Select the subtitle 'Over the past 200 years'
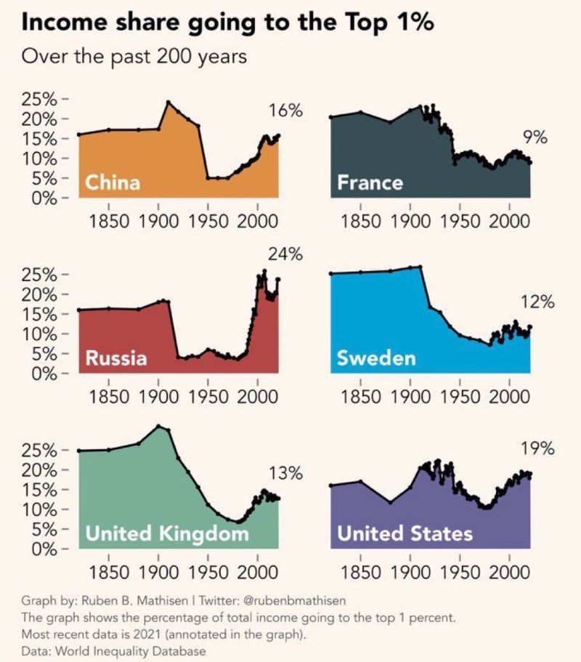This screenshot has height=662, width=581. (134, 56)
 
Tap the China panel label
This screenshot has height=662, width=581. (113, 182)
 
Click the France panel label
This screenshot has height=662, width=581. (370, 182)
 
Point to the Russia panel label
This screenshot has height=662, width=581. (116, 358)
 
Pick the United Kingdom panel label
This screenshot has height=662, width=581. (167, 534)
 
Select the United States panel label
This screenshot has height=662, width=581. (405, 534)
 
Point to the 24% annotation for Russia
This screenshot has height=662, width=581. (285, 255)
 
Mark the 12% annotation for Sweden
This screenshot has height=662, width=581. (537, 302)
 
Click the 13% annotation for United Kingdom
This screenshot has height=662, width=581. (285, 474)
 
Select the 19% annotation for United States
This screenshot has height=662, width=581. (537, 448)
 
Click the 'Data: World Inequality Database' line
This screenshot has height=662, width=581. (114, 652)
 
